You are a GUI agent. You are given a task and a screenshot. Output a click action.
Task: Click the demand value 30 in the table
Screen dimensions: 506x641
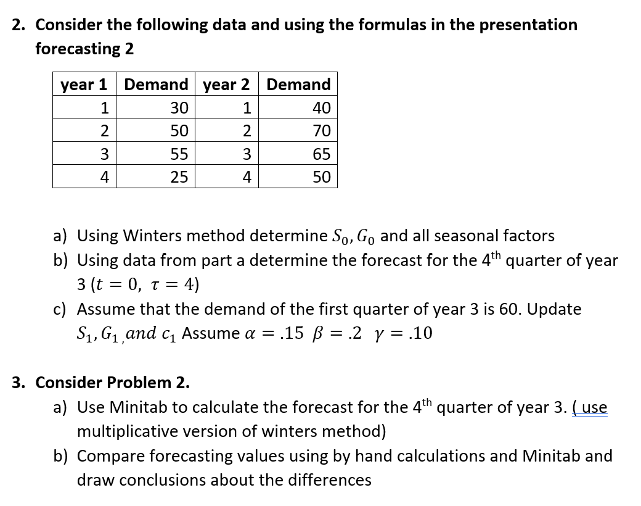pos(179,108)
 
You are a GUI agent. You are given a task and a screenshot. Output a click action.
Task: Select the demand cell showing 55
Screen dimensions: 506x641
pos(179,154)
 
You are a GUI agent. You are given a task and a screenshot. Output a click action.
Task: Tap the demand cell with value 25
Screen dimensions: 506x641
pos(179,178)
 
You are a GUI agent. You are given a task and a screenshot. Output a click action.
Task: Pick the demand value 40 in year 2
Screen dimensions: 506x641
pos(321,108)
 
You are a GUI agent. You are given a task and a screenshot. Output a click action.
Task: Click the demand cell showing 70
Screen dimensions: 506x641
pos(321,131)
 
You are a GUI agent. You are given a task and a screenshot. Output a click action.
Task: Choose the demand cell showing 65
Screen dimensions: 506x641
pos(321,154)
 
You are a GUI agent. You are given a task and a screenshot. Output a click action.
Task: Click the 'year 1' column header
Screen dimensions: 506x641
pos(84,85)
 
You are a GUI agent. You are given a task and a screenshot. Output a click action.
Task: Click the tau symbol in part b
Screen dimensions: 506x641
pos(152,285)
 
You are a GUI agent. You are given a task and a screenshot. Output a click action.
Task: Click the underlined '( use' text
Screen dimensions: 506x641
pos(590,408)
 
